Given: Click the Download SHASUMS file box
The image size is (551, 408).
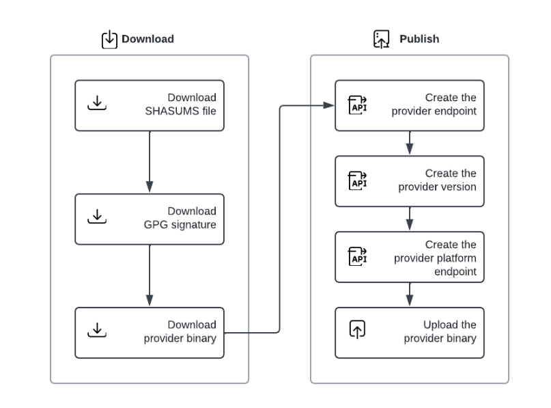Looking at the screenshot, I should pyautogui.click(x=150, y=106).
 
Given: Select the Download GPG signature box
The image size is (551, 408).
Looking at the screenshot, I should pyautogui.click(x=150, y=219).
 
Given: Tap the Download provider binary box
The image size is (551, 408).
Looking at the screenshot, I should pyautogui.click(x=150, y=333).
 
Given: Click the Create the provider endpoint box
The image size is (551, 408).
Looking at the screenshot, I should pyautogui.click(x=410, y=106).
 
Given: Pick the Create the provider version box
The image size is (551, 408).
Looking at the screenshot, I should pyautogui.click(x=410, y=181).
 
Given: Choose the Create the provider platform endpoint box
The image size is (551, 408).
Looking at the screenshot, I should pyautogui.click(x=410, y=257).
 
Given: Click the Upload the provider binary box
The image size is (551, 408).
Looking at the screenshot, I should pyautogui.click(x=410, y=333).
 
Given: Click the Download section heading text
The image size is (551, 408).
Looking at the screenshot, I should pyautogui.click(x=147, y=40).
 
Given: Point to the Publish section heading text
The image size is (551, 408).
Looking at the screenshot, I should pyautogui.click(x=419, y=40).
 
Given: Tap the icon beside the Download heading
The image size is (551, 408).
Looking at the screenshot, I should pyautogui.click(x=109, y=40).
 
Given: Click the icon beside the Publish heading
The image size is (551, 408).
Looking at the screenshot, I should pyautogui.click(x=381, y=40).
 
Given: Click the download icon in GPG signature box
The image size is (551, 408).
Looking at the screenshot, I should pyautogui.click(x=98, y=217).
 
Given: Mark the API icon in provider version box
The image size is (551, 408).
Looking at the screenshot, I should pyautogui.click(x=358, y=180).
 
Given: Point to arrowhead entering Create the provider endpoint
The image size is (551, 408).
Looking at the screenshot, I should pyautogui.click(x=329, y=106).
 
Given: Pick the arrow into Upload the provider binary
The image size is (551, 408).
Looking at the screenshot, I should pyautogui.click(x=410, y=295).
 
